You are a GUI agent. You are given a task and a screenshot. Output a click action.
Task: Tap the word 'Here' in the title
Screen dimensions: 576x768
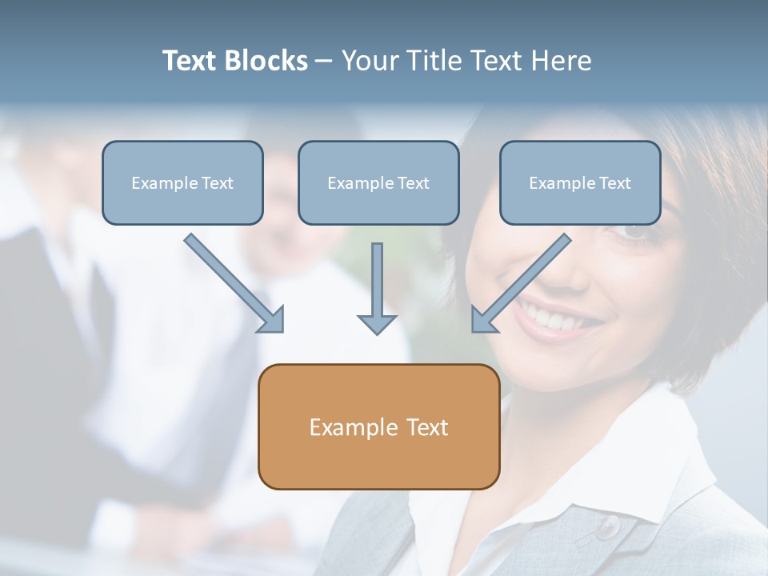pos(563,61)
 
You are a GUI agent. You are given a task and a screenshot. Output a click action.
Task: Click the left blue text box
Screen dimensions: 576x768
pos(182,182)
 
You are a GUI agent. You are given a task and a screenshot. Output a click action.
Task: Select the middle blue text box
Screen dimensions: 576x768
pos(378,182)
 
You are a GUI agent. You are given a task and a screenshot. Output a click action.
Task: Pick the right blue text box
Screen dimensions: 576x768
pos(580,182)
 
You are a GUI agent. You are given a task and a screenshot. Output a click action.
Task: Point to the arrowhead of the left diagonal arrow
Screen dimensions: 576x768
pos(272,320)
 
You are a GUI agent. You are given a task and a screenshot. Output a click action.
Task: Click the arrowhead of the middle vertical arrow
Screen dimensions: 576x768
pos(377,323)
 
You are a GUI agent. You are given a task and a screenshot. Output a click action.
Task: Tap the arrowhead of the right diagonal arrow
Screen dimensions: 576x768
pos(482,319)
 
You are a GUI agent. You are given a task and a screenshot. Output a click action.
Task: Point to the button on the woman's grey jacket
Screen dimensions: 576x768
pos(607,526)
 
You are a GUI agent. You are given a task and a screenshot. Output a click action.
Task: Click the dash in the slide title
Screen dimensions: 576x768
pos(324,61)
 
